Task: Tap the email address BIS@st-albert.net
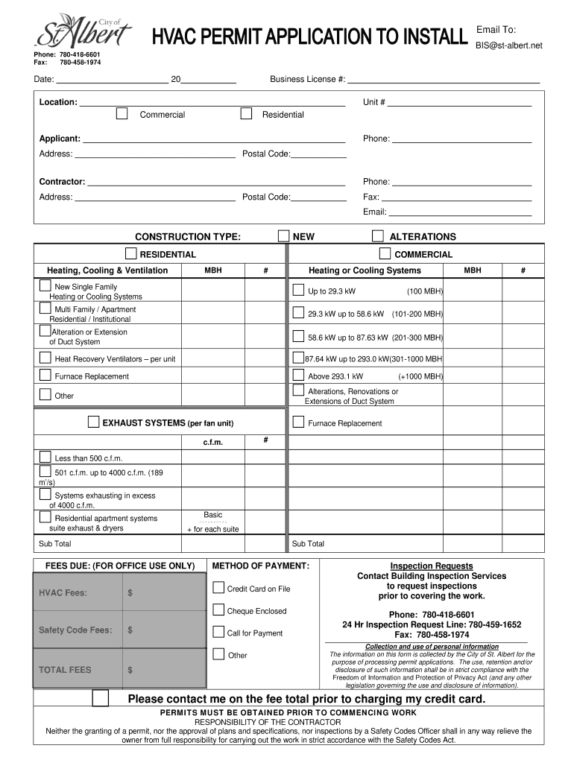[509, 45]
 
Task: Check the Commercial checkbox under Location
[122, 114]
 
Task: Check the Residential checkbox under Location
[246, 114]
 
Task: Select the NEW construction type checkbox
[283, 236]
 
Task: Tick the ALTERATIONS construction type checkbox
[377, 236]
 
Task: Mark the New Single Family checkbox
[45, 286]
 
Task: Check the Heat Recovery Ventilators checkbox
[45, 358]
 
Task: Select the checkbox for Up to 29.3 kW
[298, 290]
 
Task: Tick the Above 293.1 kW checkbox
[298, 376]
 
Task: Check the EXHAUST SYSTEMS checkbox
[93, 422]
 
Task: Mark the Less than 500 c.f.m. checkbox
[45, 457]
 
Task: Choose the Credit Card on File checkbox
[218, 588]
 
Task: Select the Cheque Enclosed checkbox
[218, 610]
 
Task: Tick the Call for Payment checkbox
[218, 632]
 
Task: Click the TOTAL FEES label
[65, 670]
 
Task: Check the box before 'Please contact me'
[100, 699]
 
